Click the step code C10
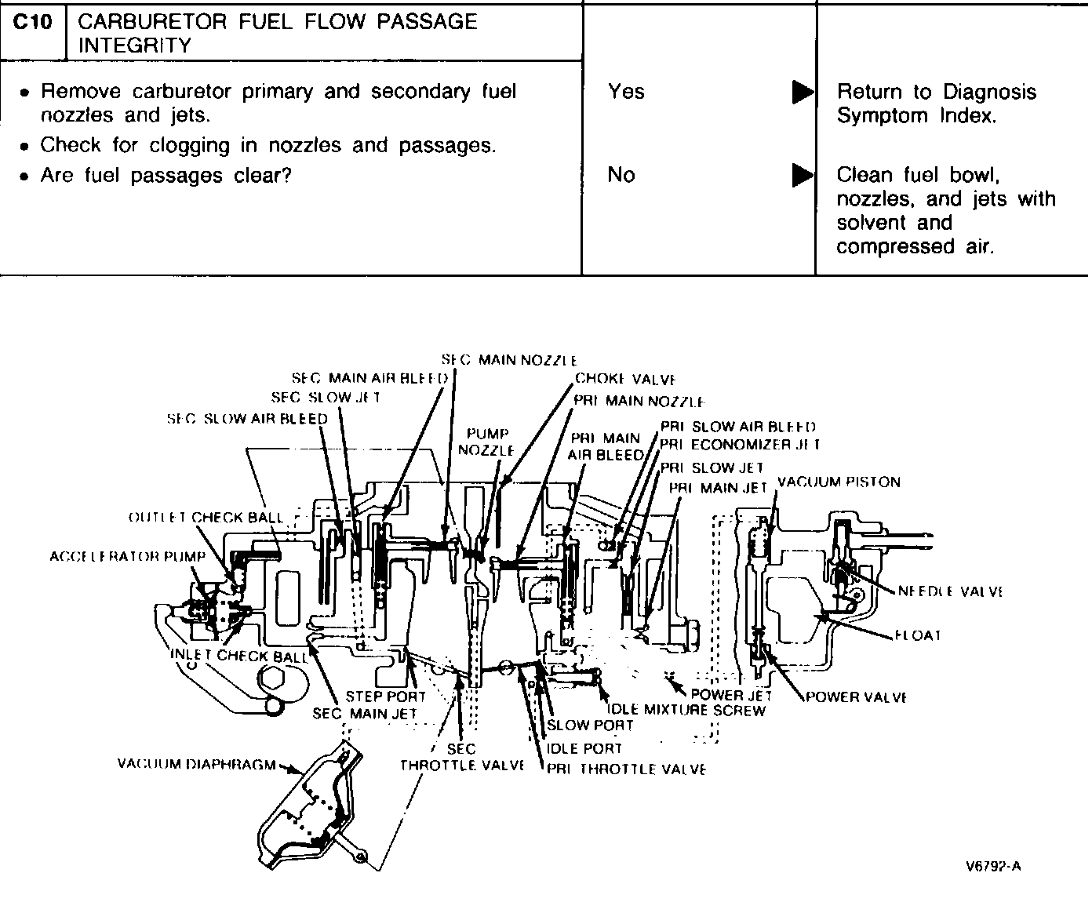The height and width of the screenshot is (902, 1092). [x=32, y=22]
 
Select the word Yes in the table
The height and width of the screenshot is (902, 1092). [x=625, y=92]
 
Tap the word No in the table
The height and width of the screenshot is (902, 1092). [x=621, y=174]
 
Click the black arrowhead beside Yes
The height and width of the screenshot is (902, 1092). [x=803, y=93]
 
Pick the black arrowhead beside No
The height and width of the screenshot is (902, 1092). [x=803, y=175]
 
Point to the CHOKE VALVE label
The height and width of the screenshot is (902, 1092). [x=625, y=380]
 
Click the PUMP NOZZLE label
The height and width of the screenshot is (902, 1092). [x=486, y=442]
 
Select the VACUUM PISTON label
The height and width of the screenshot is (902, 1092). [x=839, y=482]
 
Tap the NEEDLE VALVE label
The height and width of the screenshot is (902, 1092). [x=949, y=591]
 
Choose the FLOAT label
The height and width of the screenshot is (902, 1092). [x=917, y=635]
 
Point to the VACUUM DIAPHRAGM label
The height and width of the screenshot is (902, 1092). [x=196, y=763]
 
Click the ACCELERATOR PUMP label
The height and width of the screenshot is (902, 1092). [x=127, y=556]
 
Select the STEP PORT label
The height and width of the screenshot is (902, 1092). [x=385, y=696]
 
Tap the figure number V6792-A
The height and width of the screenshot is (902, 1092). [x=993, y=867]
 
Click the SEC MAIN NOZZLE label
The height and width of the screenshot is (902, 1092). [x=509, y=360]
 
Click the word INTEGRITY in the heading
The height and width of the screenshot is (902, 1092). [x=134, y=45]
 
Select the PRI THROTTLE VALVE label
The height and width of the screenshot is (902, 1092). [x=626, y=769]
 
